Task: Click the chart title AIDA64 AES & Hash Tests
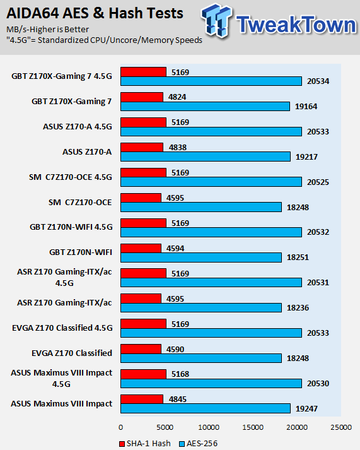point(95,13)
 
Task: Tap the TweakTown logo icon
point(216,20)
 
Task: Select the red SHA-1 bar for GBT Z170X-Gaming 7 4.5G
point(143,72)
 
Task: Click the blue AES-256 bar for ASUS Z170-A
point(206,157)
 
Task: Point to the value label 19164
point(306,107)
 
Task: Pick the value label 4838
point(178,148)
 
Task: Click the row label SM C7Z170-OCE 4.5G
point(70,177)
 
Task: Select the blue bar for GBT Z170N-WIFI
point(201,258)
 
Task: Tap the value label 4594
point(175,249)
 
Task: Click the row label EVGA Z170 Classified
point(72,353)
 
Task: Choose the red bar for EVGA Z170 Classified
point(141,348)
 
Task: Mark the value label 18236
point(298,308)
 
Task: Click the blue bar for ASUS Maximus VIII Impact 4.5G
point(211,384)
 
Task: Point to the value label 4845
point(178,400)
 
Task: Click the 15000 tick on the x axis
point(253,427)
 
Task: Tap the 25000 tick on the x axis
point(341,427)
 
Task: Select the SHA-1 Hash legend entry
point(145,444)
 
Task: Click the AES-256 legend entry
point(199,444)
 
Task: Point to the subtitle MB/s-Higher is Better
point(47,30)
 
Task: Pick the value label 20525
point(318,182)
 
